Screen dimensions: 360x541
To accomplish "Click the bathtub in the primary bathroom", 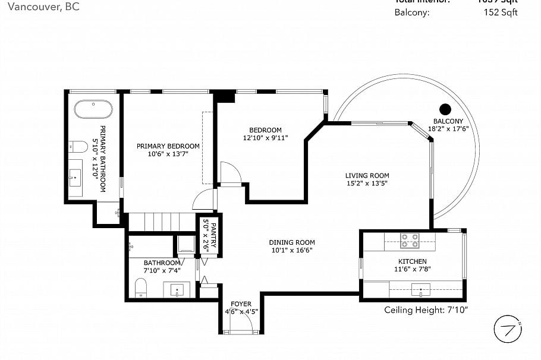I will (93, 110).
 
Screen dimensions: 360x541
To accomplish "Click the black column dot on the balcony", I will (445, 109).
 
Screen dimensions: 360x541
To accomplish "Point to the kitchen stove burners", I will (409, 241).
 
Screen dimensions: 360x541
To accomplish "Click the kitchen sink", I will (421, 290).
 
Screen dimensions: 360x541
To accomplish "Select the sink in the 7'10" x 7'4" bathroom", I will (177, 290).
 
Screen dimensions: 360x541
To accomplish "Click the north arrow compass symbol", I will (508, 330).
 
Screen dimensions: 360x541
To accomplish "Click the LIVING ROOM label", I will (367, 175).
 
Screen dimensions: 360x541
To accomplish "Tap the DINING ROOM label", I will (291, 242).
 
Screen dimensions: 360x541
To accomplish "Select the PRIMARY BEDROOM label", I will (168, 146).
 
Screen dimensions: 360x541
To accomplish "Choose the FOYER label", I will (241, 304).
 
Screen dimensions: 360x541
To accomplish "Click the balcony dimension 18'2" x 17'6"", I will (449, 128).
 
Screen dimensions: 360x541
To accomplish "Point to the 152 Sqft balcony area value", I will (501, 12).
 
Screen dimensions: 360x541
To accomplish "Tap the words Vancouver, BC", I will (39, 7).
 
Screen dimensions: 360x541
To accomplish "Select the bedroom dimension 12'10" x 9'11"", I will (265, 138).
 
